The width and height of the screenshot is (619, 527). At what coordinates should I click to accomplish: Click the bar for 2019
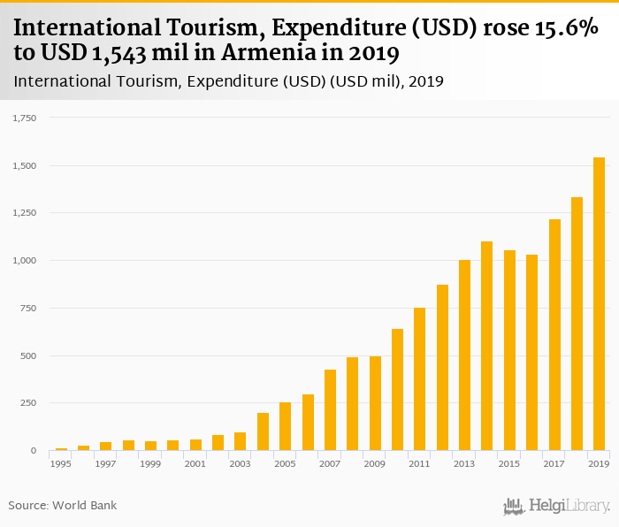click(599, 304)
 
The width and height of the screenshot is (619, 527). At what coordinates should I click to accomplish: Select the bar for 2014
click(486, 346)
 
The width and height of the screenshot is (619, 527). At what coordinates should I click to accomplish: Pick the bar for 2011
click(419, 379)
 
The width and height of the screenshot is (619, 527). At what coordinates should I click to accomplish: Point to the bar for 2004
click(263, 432)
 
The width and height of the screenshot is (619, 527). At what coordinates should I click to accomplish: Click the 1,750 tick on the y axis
click(24, 118)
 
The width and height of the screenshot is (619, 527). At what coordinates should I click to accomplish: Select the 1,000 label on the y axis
click(24, 261)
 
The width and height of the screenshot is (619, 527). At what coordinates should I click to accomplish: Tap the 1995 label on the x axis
click(61, 463)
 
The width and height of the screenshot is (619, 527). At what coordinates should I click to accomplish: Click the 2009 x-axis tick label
click(375, 463)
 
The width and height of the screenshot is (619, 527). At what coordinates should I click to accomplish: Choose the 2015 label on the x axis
click(509, 463)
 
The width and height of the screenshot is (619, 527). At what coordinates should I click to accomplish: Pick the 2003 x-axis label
click(240, 463)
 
